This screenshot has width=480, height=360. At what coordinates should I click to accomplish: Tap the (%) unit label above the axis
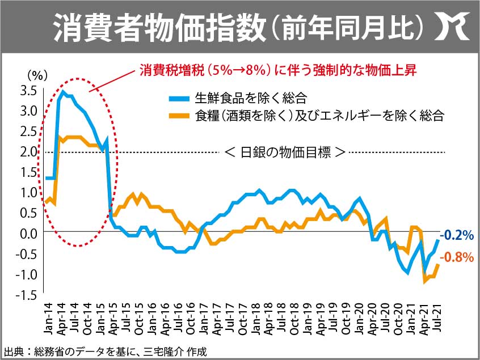tap(35, 74)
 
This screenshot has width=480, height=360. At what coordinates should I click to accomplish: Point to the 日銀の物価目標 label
tap(285, 152)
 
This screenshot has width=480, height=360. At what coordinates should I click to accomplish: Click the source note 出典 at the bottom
tap(105, 351)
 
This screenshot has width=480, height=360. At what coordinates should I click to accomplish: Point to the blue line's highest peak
tap(62, 92)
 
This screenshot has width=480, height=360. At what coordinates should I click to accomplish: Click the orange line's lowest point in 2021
tap(424, 281)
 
